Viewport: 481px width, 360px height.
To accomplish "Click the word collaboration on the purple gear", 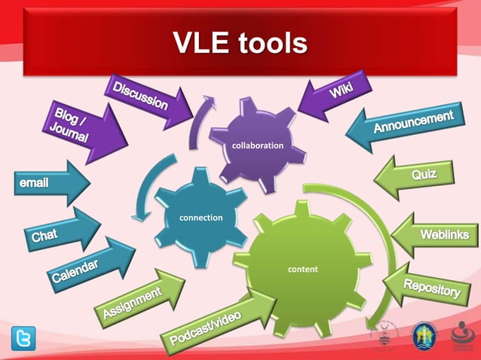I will (258, 145).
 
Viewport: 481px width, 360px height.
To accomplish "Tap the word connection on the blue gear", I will (200, 218).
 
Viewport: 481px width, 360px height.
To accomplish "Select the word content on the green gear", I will (303, 269).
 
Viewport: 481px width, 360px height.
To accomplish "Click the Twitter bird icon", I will (23, 339).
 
